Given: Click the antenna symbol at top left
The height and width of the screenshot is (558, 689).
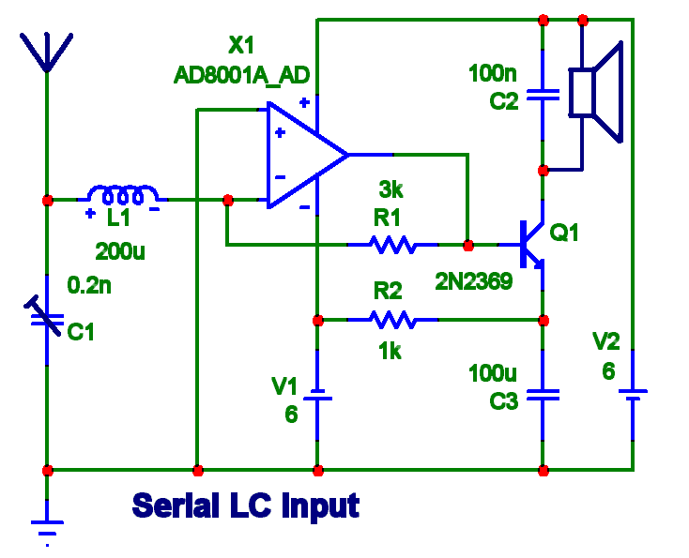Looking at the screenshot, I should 46,52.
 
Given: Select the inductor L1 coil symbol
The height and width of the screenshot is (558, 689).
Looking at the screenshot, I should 122,196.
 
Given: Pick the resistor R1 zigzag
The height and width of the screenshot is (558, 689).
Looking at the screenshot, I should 392,245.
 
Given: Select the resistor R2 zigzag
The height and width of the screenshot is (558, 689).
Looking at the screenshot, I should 392,320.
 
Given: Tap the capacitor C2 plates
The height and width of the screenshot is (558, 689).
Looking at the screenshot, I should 543,94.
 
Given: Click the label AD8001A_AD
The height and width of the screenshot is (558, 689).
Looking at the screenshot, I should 241,75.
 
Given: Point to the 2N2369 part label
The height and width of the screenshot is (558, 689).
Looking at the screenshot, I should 473,279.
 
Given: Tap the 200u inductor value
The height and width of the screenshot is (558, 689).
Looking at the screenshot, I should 121,251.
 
